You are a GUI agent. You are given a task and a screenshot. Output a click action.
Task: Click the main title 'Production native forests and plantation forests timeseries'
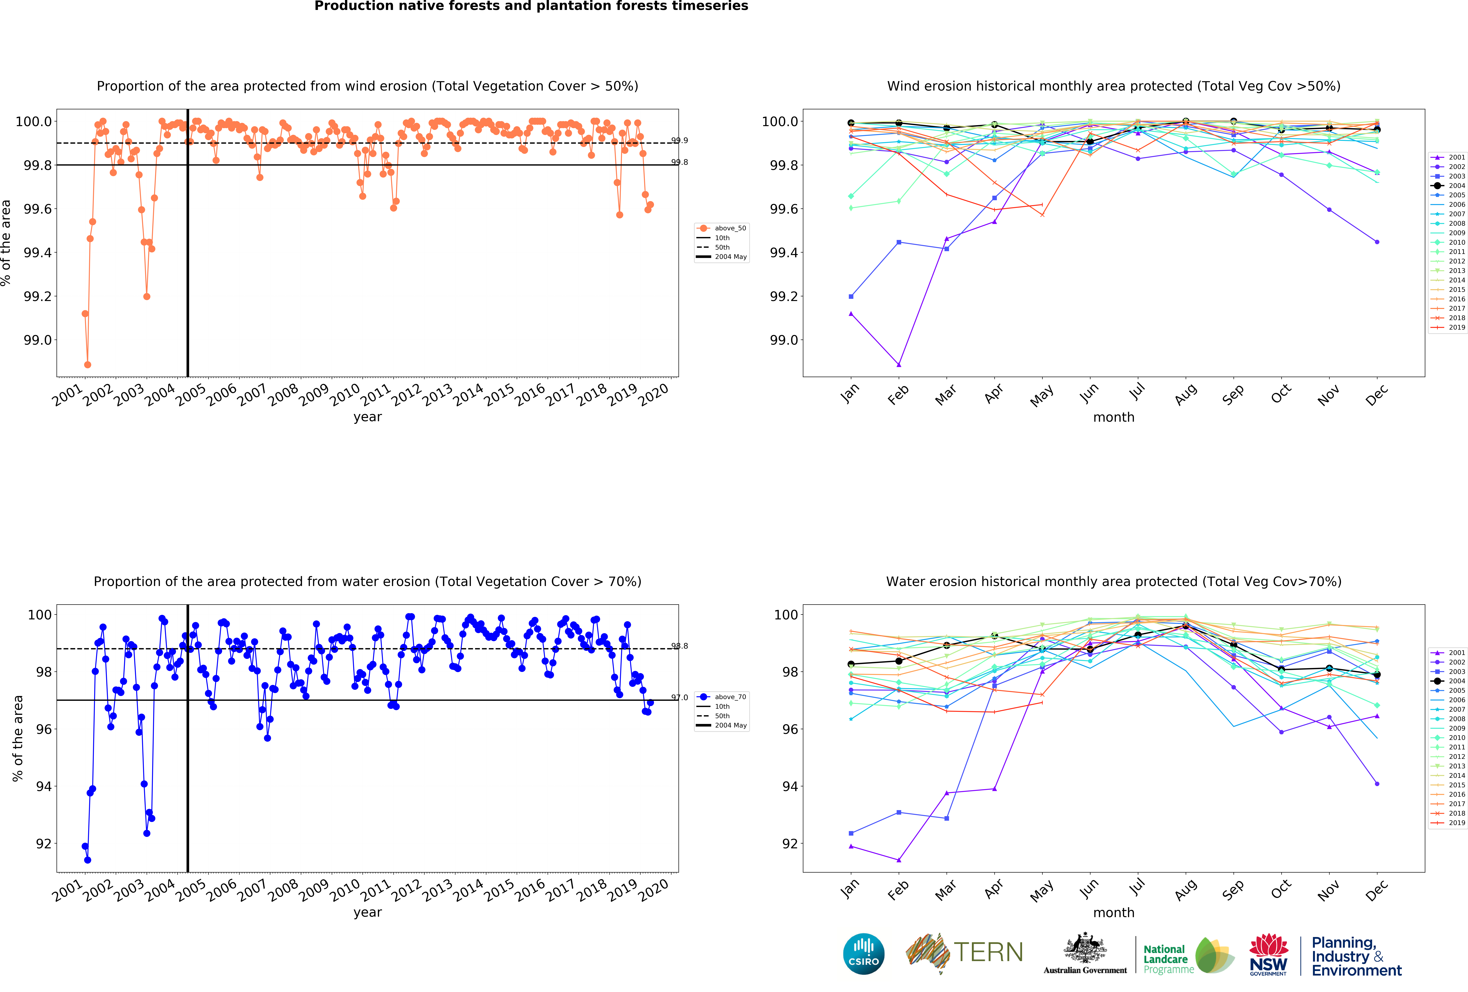531,6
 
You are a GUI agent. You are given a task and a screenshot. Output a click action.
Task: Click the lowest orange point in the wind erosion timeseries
88,365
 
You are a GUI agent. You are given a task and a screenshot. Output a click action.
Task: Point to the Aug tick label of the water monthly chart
1186,888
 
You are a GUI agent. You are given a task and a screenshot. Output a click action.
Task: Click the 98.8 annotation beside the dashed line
680,646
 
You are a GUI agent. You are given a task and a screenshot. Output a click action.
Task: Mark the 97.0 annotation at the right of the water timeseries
680,698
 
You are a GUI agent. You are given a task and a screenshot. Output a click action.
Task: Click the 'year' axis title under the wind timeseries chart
368,417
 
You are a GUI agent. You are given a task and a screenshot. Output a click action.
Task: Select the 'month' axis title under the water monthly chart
1114,912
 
